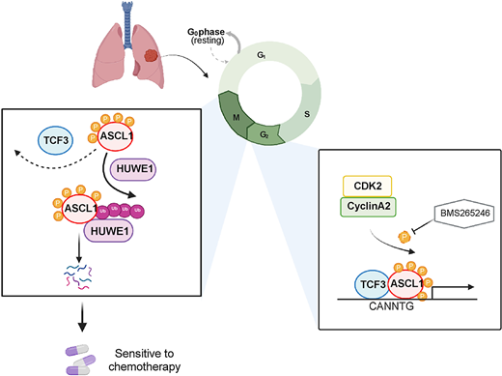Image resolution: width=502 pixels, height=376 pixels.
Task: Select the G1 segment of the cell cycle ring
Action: click(260, 59)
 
